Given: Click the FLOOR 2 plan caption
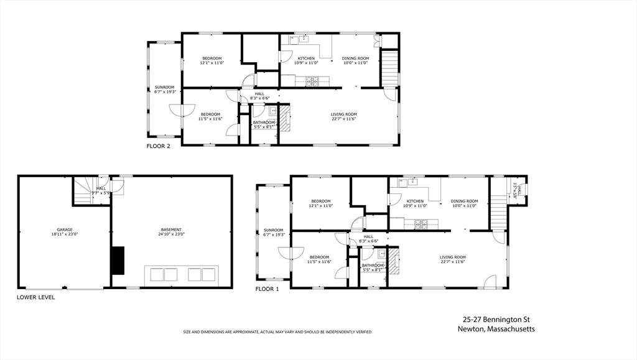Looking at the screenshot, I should point(158,147).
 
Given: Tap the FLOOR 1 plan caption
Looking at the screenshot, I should point(267,289).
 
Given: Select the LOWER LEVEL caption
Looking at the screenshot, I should point(35,297).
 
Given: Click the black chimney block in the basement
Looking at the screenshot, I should point(118,260).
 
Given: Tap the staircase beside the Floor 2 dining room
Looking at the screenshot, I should point(389,68).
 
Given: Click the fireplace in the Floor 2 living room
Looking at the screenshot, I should point(284,118).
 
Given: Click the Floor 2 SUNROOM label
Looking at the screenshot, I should point(165,87).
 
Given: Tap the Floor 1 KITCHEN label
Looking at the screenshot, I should point(415,201).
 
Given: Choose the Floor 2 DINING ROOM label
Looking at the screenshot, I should point(356,58).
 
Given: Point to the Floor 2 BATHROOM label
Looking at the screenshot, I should point(263,122).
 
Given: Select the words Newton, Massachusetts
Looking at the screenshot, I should point(496,329).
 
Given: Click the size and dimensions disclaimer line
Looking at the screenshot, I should point(277,332).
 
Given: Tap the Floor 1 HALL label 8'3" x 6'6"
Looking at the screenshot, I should point(368,241).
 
